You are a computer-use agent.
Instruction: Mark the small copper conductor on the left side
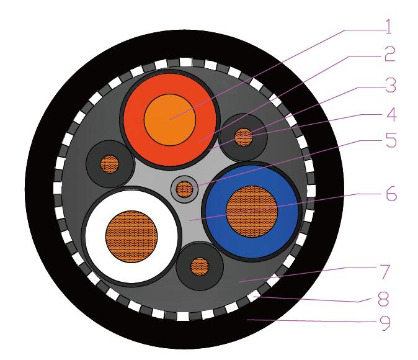point(109,164)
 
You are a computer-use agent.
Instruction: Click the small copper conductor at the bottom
point(199,267)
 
